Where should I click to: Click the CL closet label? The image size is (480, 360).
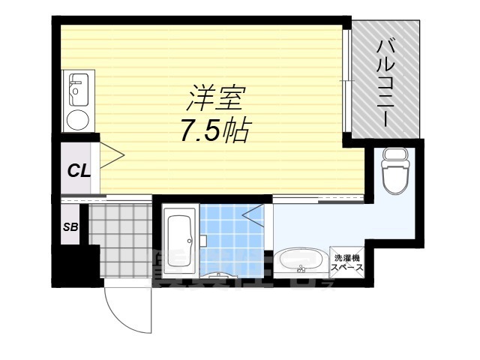coord(79,169)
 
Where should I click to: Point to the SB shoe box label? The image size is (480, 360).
coord(70,227)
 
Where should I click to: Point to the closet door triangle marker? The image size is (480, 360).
coord(112,157)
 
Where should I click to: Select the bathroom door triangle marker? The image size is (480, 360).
coord(253,214)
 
